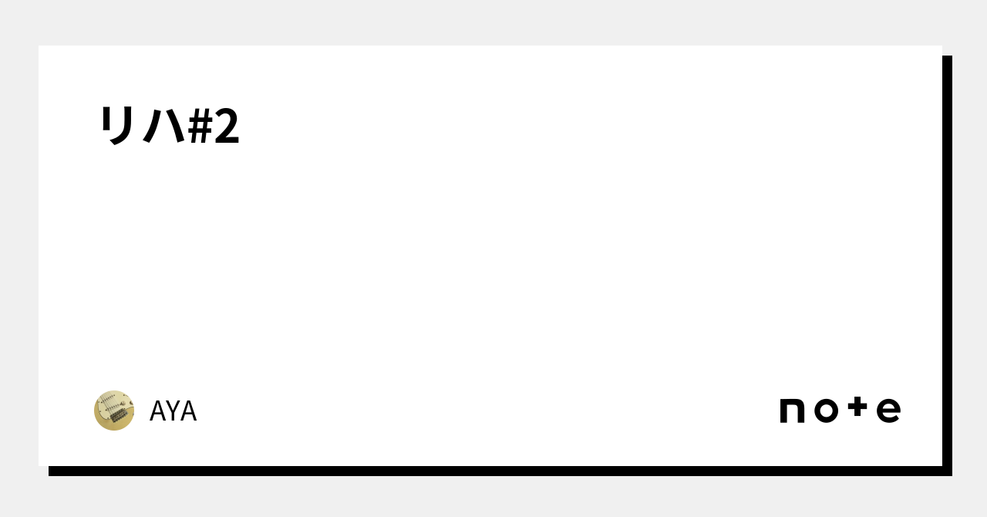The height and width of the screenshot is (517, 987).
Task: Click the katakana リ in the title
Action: pyautogui.click(x=117, y=126)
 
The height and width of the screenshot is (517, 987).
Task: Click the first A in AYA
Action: pyautogui.click(x=157, y=411)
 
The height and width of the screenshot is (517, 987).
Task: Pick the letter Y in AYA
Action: pyautogui.click(x=173, y=411)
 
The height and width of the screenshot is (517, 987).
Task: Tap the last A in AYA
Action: pyautogui.click(x=188, y=411)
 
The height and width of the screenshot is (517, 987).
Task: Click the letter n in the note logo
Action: pyautogui.click(x=793, y=411)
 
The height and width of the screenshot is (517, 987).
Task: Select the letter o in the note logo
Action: pyautogui.click(x=825, y=411)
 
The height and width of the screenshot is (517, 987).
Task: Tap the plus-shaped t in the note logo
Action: pyautogui.click(x=857, y=408)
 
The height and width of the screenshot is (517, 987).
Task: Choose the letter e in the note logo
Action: pyautogui.click(x=888, y=411)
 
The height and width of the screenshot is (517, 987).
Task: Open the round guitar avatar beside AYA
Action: pyautogui.click(x=114, y=411)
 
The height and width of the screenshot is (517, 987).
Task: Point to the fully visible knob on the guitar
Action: pyautogui.click(x=125, y=402)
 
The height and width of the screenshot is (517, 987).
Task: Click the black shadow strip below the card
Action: pyautogui.click(x=493, y=471)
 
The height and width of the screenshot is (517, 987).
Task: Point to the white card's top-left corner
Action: pyautogui.click(x=40, y=47)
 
